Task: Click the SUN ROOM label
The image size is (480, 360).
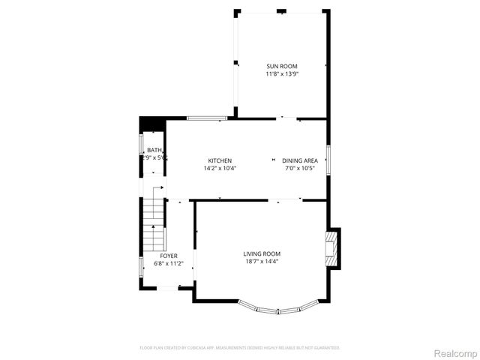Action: [x=281, y=66]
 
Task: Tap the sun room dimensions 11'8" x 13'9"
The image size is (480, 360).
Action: [x=281, y=74]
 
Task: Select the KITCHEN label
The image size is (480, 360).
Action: [x=220, y=160]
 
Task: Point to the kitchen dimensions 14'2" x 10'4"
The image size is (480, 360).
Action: [x=220, y=169]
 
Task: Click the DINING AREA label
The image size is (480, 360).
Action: [x=300, y=160]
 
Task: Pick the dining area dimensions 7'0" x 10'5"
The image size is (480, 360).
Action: [x=300, y=169]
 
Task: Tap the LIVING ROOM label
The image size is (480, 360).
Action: [x=262, y=253]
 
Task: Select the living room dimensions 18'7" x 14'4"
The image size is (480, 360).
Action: [x=262, y=262]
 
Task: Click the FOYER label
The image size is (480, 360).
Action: [x=169, y=256]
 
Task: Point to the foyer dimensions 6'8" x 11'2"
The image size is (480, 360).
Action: [x=169, y=264]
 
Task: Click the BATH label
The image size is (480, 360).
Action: [x=154, y=150]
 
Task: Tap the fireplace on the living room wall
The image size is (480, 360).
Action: [x=332, y=247]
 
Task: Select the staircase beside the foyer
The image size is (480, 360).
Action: [x=154, y=221]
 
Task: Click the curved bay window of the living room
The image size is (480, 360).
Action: [x=278, y=308]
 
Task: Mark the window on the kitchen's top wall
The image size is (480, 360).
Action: [x=207, y=118]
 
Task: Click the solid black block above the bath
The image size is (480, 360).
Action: [x=151, y=124]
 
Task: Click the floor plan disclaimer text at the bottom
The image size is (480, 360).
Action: [x=240, y=348]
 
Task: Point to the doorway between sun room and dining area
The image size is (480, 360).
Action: [x=289, y=118]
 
